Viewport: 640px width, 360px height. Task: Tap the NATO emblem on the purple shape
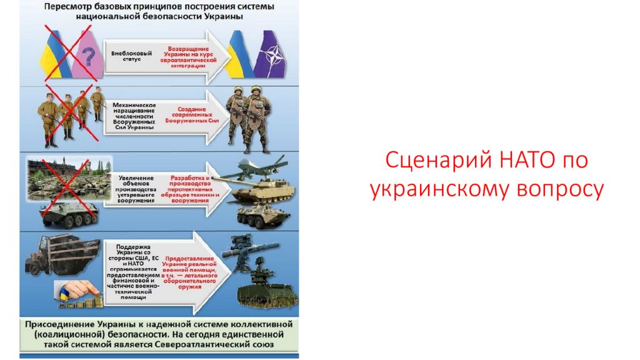click(272, 55)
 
